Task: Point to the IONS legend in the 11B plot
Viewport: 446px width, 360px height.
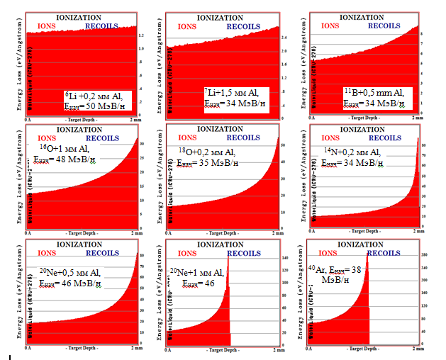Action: tap(330, 25)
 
